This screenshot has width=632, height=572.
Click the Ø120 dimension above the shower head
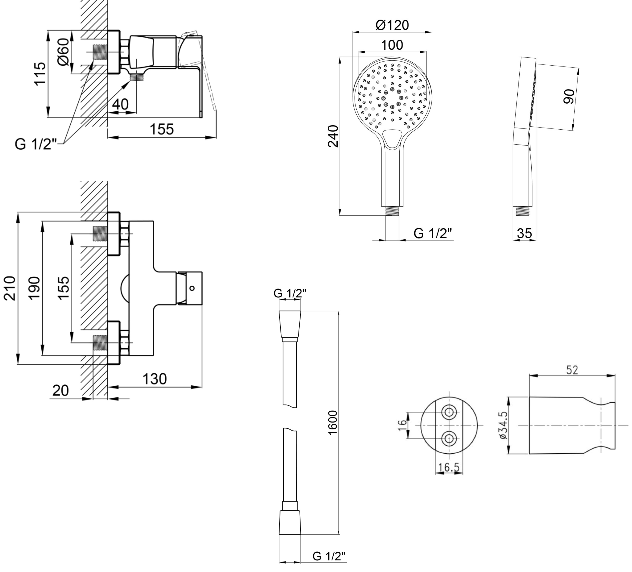pyautogui.click(x=392, y=25)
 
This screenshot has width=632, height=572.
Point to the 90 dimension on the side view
pyautogui.click(x=568, y=96)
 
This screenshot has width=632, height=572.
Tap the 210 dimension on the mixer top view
pyautogui.click(x=10, y=288)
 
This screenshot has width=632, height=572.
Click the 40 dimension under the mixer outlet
pyautogui.click(x=120, y=104)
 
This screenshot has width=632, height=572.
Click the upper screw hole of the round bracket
pyautogui.click(x=449, y=412)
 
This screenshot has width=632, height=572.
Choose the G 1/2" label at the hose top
pyautogui.click(x=290, y=293)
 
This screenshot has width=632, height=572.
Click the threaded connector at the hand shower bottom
pyautogui.click(x=392, y=210)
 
